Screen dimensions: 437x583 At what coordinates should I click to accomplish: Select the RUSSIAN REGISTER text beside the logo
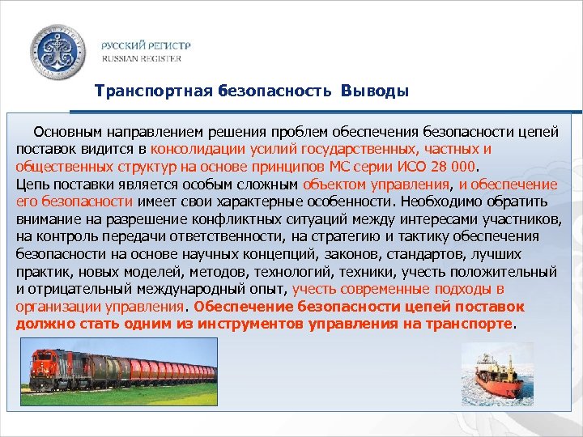141,58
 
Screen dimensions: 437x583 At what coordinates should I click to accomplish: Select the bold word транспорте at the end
474,325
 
